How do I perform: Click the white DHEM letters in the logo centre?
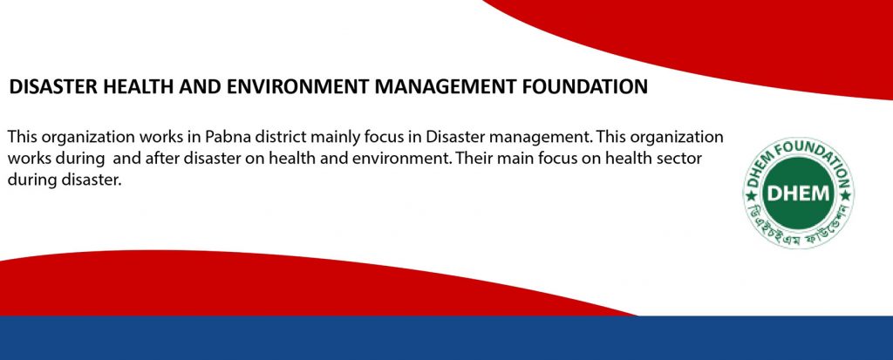[798, 194]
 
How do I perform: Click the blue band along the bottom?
[446, 338]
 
